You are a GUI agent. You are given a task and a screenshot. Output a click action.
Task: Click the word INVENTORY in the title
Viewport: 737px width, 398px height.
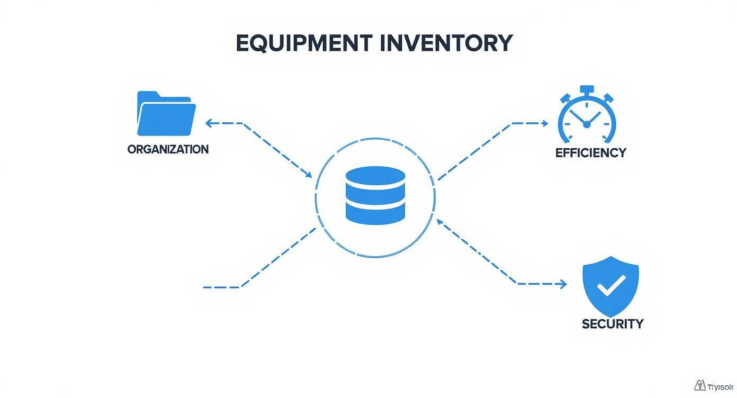[446, 43]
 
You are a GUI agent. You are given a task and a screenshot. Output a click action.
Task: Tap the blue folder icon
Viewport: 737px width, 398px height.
[166, 114]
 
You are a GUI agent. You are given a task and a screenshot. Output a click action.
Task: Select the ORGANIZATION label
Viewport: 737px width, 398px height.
[168, 149]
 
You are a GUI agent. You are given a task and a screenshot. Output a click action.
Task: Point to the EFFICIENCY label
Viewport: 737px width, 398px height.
[590, 153]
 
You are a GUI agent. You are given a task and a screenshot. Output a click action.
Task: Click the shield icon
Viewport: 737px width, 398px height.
[610, 286]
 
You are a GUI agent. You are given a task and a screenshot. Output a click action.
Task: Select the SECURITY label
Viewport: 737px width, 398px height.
[613, 323]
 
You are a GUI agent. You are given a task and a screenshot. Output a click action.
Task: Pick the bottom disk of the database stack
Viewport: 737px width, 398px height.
[375, 213]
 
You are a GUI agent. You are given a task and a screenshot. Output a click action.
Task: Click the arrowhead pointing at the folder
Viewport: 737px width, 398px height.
[209, 123]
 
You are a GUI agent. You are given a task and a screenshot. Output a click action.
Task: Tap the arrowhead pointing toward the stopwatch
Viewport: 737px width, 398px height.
[545, 123]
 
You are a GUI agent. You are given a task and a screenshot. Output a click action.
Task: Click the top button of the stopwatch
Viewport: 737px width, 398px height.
[587, 89]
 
